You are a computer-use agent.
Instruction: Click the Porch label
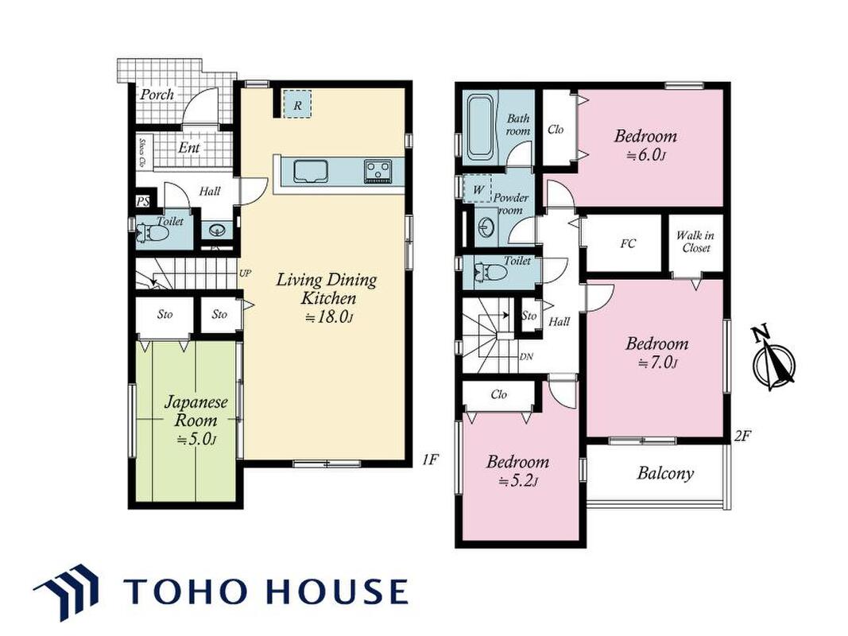[157, 95]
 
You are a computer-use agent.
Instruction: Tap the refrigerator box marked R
[297, 104]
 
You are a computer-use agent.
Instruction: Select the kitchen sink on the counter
[311, 172]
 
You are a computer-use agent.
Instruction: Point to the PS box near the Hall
[142, 202]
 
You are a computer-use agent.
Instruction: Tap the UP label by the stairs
[245, 273]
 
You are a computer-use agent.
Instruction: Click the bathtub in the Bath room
[481, 127]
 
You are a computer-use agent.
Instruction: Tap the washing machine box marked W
[478, 189]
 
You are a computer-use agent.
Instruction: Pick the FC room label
[628, 244]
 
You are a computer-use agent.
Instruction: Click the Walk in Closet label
[695, 242]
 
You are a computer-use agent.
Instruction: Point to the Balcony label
[665, 474]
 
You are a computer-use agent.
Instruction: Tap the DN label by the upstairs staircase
[525, 357]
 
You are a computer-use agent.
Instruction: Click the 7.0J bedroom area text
[657, 363]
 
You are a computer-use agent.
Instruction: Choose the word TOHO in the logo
[184, 591]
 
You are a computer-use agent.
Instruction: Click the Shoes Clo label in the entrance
[142, 152]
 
